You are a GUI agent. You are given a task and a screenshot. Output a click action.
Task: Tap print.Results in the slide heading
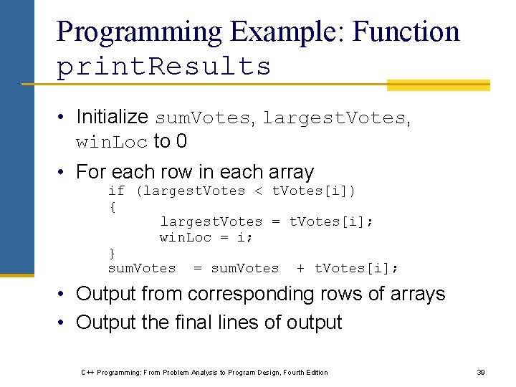(163, 67)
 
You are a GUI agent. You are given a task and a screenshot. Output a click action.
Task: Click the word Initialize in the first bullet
(113, 117)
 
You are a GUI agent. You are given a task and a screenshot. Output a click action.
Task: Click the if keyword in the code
(116, 191)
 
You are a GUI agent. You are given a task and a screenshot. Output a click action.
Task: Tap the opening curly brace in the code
(112, 206)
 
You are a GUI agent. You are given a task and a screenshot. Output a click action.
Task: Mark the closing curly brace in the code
(112, 252)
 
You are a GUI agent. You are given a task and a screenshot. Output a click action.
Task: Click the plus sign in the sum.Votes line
(300, 268)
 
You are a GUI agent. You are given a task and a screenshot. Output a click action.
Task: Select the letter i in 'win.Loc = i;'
(245, 237)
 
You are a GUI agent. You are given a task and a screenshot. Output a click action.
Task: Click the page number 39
(481, 372)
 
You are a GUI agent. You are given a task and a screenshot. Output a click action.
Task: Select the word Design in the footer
(257, 372)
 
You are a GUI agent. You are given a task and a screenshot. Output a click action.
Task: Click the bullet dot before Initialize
(64, 118)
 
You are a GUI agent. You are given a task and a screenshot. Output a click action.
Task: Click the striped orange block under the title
(438, 85)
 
